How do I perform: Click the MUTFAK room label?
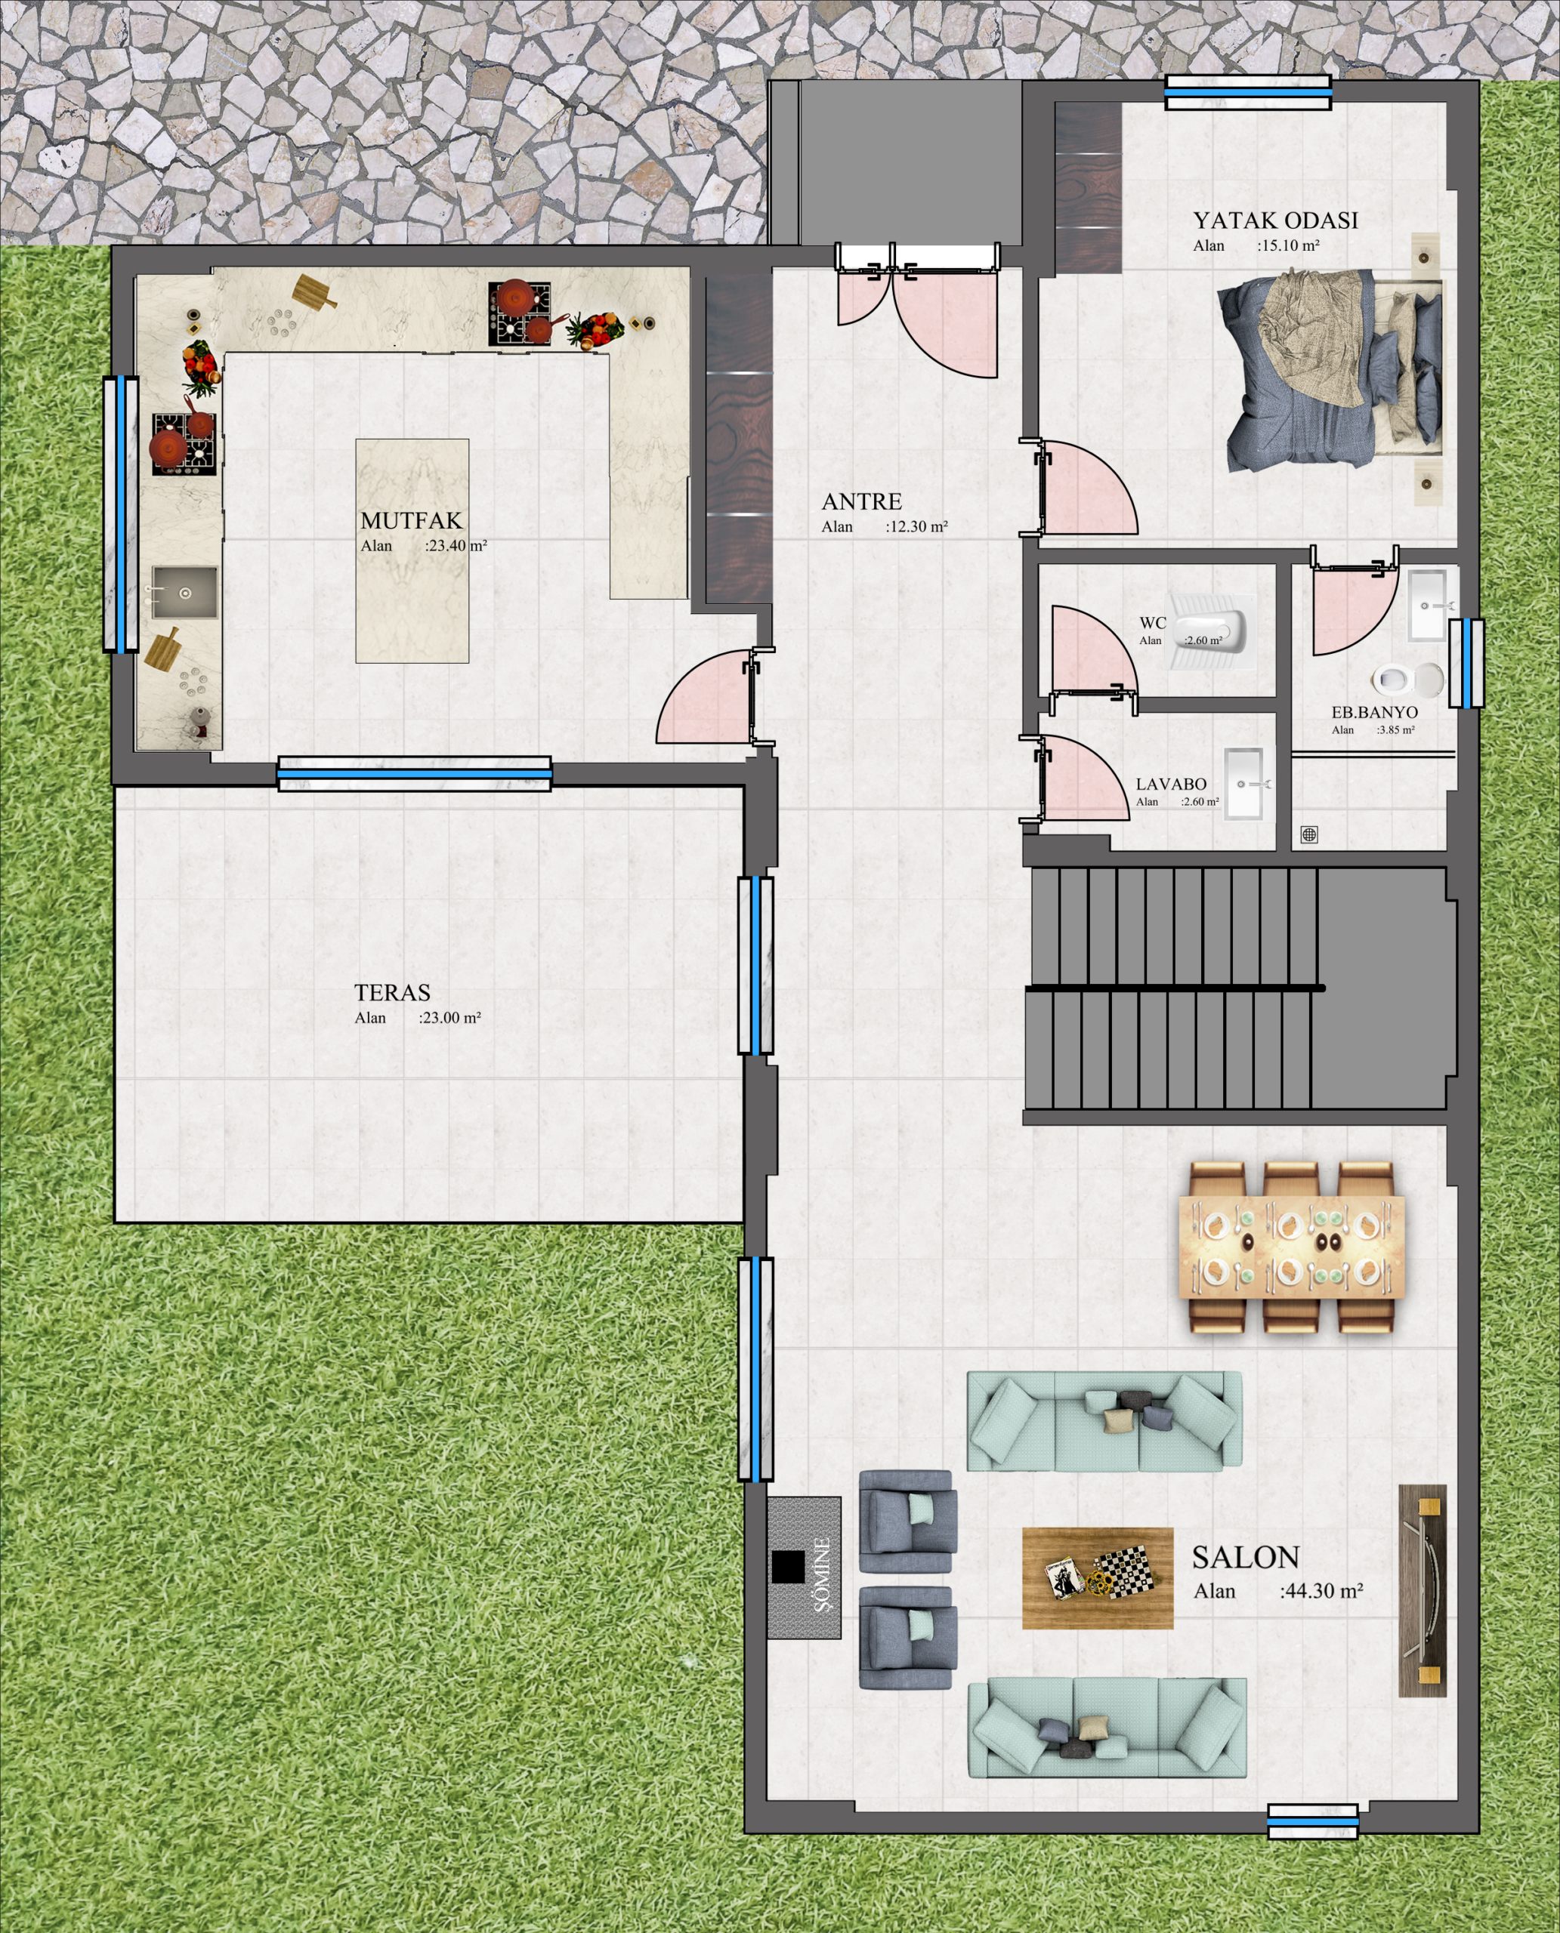coord(412,520)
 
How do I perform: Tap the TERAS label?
coord(392,992)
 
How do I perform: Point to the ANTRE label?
coord(862,501)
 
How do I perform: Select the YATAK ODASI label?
coord(1275,220)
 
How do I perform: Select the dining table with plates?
coord(1291,1247)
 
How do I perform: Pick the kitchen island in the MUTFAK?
coord(412,550)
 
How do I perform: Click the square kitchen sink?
coord(184,592)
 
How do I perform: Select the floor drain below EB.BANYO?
coord(1310,835)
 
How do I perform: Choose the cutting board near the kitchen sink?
coord(162,648)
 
